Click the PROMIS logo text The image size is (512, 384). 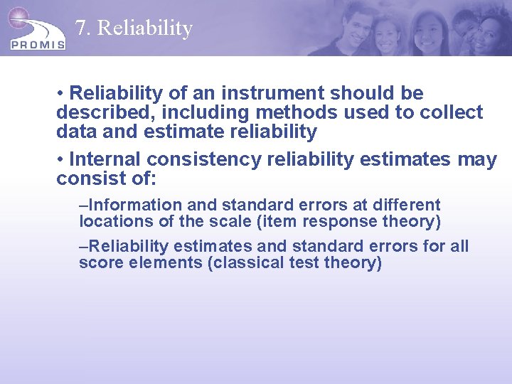38,43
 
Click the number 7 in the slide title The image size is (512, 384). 81,28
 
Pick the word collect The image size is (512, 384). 451,112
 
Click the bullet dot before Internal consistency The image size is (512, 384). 61,160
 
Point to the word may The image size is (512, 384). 477,160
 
